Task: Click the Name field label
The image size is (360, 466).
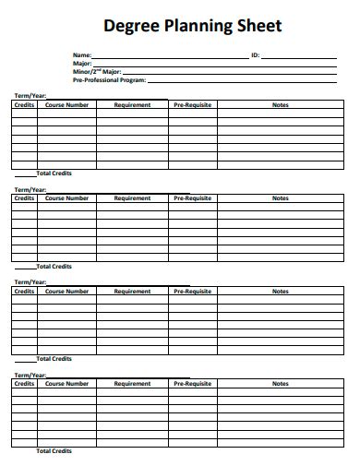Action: [x=83, y=55]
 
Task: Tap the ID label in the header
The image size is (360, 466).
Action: [x=256, y=55]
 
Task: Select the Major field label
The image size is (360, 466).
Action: [x=83, y=63]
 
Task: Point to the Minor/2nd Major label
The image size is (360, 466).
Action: [x=96, y=71]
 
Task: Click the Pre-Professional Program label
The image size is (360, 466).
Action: [x=109, y=79]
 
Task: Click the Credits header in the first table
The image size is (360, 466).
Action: [x=24, y=105]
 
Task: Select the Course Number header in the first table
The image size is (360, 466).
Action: [x=67, y=105]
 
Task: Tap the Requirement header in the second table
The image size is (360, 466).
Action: [x=132, y=198]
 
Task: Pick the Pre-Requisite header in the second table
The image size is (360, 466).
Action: [x=192, y=198]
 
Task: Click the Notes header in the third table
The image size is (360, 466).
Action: [x=281, y=292]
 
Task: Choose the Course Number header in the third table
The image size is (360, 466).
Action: [x=67, y=292]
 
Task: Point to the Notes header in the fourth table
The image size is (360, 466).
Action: [x=281, y=384]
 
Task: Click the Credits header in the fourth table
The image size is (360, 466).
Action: [x=24, y=384]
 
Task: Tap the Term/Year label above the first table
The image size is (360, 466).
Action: [x=29, y=97]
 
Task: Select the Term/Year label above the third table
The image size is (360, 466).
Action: [x=29, y=282]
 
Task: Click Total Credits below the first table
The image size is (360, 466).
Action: [x=54, y=173]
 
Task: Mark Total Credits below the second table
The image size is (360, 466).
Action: [x=54, y=267]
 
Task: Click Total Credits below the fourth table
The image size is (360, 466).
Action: [x=54, y=451]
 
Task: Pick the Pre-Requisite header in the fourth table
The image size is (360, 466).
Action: [x=192, y=384]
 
